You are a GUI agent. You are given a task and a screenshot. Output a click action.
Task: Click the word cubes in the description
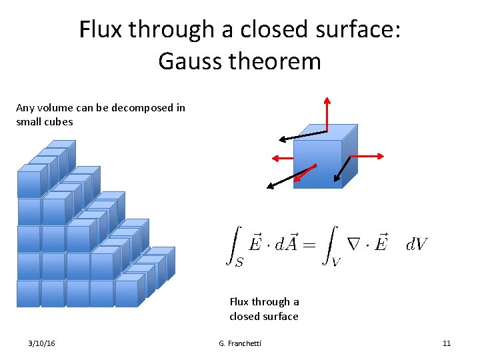pos(59,121)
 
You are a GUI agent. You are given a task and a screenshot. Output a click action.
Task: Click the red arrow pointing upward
pos(327,113)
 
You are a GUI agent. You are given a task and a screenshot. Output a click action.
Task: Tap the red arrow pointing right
pos(367,156)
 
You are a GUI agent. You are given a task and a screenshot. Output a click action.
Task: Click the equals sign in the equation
pos(308,245)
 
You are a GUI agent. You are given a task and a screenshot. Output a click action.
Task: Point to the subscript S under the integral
pos(239,262)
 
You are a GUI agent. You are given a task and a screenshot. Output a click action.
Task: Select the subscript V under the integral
pos(336,262)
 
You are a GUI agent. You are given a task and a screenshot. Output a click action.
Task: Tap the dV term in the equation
pos(417,245)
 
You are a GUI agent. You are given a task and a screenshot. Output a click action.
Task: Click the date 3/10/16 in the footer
pos(42,343)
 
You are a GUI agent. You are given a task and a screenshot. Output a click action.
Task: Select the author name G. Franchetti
pos(240,343)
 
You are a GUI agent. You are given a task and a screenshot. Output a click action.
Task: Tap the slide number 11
pos(447,343)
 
